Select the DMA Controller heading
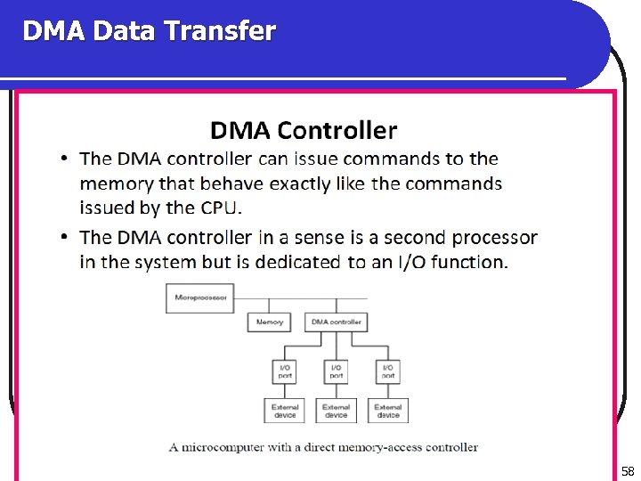pyautogui.click(x=304, y=131)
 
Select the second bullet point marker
pyautogui.click(x=65, y=238)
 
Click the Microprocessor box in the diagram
pyautogui.click(x=200, y=298)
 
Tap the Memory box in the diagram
pyautogui.click(x=270, y=322)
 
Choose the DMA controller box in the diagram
pyautogui.click(x=336, y=322)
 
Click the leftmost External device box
pyautogui.click(x=285, y=411)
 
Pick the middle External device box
pyautogui.click(x=337, y=411)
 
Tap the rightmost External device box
pyautogui.click(x=388, y=411)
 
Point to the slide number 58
pyautogui.click(x=628, y=471)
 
